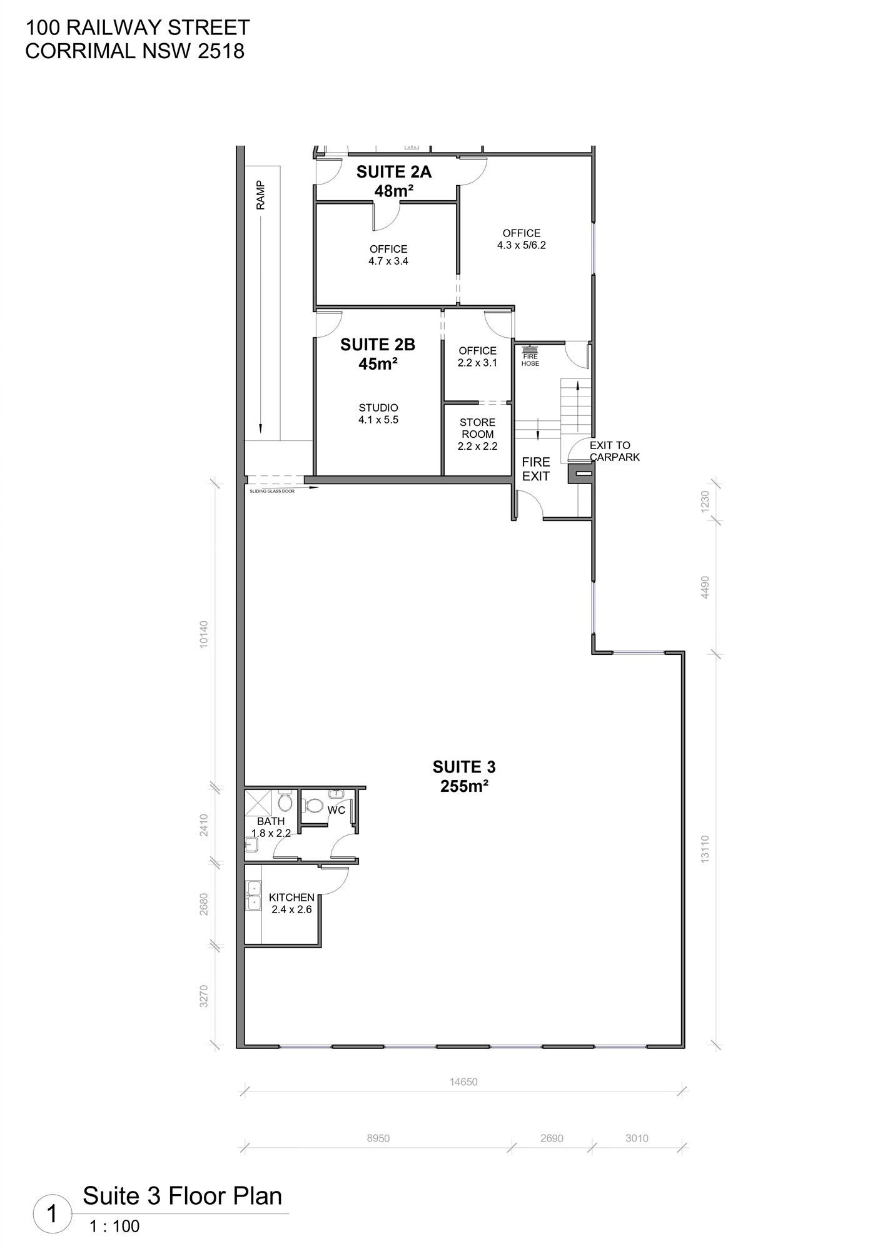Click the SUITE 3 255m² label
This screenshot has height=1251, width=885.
click(x=464, y=776)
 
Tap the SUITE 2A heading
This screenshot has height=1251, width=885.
click(x=394, y=172)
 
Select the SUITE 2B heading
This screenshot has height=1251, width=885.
click(x=378, y=345)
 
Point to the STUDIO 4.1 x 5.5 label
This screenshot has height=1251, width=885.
click(x=378, y=414)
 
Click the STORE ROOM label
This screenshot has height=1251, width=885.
click(x=478, y=428)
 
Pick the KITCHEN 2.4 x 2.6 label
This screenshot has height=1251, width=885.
click(x=291, y=903)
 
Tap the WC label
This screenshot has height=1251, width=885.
click(x=336, y=810)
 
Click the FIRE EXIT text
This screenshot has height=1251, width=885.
click(x=536, y=469)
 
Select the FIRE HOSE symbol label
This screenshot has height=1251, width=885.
click(x=530, y=360)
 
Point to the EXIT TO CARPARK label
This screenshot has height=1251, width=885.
click(x=615, y=451)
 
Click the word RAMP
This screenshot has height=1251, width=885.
click(x=260, y=195)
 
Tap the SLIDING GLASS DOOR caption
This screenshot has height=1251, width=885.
click(x=272, y=491)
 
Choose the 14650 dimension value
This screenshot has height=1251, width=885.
click(x=463, y=1081)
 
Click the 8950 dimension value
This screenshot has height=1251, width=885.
click(x=378, y=1138)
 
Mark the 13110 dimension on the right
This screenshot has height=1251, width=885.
click(x=705, y=849)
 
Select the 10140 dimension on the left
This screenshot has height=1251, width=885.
click(x=203, y=634)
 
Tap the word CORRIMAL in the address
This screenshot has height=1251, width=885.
click(x=81, y=51)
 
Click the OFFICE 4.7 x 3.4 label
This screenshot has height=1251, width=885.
click(x=388, y=255)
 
